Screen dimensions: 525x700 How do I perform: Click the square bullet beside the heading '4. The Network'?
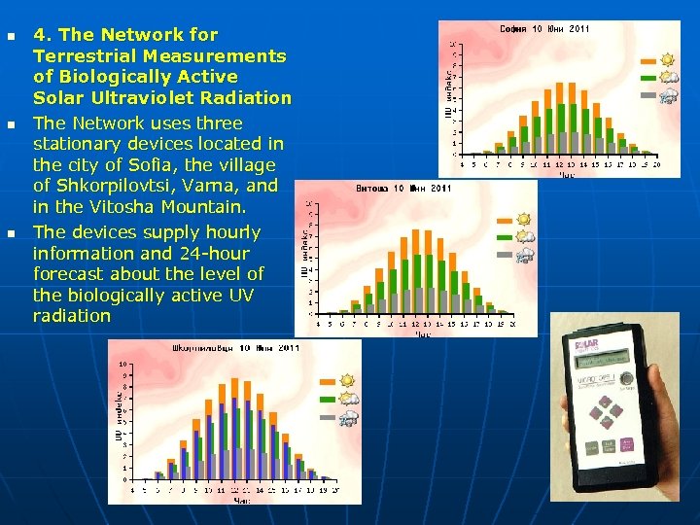[x=11, y=37]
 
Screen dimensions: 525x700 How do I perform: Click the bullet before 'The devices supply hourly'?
[x=11, y=234]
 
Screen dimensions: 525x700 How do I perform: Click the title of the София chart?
[x=543, y=29]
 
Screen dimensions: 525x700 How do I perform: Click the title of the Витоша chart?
[x=403, y=188]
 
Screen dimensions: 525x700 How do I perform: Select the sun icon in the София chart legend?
[x=669, y=59]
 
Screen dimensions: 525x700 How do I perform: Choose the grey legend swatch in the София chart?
[x=648, y=96]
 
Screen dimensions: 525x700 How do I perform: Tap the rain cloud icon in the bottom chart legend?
[x=347, y=418]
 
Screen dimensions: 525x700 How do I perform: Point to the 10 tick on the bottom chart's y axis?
[x=122, y=366]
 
